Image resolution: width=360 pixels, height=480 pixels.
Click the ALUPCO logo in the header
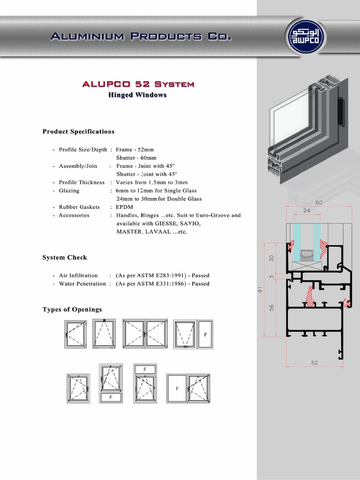point(307,36)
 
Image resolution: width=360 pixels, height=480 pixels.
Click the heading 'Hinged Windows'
point(137,95)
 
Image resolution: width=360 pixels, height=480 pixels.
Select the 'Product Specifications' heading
point(78,132)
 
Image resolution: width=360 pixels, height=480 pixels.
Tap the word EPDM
point(125,207)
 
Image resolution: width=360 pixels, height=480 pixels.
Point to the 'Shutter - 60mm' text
point(136,158)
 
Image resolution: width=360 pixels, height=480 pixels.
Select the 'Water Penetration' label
point(82,284)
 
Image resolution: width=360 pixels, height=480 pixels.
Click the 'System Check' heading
point(65,258)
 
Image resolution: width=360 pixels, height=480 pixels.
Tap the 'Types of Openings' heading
point(72,310)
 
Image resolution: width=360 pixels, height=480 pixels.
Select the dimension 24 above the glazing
point(307,211)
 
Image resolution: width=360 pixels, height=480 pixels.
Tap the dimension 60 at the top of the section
point(319,202)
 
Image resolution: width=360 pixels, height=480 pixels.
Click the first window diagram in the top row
point(76,334)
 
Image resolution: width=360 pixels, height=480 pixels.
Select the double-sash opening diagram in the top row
point(145,334)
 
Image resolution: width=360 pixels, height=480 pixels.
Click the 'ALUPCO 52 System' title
point(138,84)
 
